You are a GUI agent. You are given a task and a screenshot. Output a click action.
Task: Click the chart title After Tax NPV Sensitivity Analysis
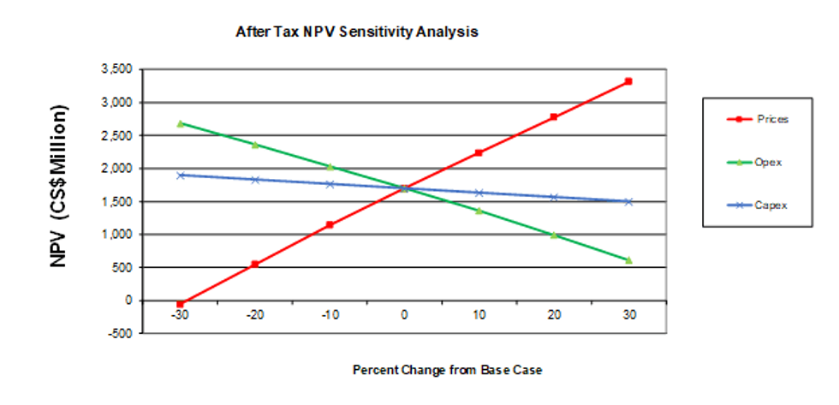coord(356,32)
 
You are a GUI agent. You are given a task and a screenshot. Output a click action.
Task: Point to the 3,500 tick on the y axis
coord(118,69)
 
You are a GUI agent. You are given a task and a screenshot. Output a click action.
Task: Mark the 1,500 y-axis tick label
coord(118,201)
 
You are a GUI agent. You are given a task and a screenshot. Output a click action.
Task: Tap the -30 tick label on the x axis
coord(180,315)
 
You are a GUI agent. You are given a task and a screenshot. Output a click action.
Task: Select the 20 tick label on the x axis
coord(554,315)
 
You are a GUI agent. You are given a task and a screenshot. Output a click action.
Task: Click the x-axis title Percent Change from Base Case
coord(448,370)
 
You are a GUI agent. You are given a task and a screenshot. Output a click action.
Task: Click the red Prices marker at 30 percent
coord(628,81)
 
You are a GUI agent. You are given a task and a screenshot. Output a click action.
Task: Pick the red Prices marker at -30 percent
coord(180,304)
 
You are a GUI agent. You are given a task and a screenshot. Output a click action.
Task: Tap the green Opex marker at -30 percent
coord(180,123)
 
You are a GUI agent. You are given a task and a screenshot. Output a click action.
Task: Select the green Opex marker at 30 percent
coord(628,259)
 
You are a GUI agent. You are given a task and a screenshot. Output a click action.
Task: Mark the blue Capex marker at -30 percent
coord(180,175)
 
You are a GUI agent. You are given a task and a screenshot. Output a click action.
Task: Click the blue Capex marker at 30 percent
coord(628,201)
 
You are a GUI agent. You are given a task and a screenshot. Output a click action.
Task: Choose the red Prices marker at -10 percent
coord(330,224)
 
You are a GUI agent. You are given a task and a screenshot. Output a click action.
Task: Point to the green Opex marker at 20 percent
coord(554,235)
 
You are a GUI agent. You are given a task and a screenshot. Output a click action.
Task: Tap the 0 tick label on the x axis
coord(404,315)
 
